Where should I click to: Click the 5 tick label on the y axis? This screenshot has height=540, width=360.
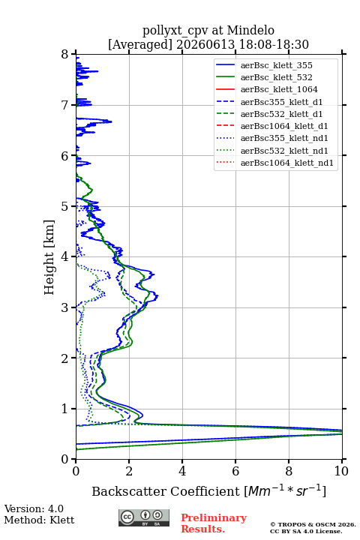65,206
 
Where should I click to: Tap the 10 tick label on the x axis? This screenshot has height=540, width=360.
341,471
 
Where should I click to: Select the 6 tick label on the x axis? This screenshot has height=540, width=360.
235,471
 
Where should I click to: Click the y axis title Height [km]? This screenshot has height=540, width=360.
49,257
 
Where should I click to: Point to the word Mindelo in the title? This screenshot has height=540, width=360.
250,30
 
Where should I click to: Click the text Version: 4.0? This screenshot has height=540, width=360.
34,508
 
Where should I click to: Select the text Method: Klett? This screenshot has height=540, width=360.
39,520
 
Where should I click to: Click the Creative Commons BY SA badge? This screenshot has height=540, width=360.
144,517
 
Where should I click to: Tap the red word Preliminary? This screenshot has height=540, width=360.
214,518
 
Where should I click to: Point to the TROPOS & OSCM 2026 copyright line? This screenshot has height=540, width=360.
313,524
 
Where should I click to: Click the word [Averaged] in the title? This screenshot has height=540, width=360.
139,44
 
